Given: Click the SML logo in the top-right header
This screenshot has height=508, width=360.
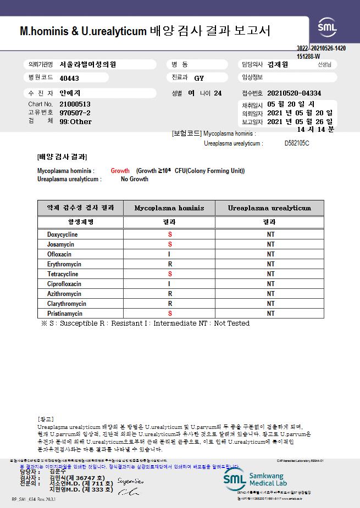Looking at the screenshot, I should [x=328, y=27].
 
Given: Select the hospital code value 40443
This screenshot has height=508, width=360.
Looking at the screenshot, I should [x=69, y=79].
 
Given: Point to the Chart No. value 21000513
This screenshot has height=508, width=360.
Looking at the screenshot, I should [x=75, y=104].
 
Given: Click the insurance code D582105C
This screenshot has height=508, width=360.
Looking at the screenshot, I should [x=297, y=143].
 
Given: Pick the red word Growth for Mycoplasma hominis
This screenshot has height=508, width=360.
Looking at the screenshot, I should [x=120, y=171].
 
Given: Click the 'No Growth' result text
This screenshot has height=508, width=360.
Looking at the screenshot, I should [x=135, y=179].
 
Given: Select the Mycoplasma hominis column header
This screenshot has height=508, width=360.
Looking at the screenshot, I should [x=169, y=208].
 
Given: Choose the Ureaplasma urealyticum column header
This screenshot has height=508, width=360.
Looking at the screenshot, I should [x=270, y=208].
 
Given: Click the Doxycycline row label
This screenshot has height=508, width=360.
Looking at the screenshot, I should [x=62, y=235].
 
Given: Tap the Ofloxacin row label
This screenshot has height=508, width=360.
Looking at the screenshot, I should [x=59, y=254].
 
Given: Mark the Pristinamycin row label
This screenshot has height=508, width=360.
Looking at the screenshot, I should [x=64, y=314].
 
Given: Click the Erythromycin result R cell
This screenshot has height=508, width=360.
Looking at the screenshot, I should [x=170, y=264].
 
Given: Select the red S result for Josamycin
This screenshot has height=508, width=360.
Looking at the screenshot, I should [x=170, y=244].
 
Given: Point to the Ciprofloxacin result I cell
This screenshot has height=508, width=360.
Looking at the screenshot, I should [x=169, y=284].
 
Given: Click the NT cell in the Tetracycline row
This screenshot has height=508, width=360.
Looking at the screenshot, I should [x=270, y=274].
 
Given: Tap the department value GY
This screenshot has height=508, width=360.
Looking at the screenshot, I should [x=199, y=79].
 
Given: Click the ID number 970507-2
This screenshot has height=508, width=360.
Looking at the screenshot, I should [x=75, y=113].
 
